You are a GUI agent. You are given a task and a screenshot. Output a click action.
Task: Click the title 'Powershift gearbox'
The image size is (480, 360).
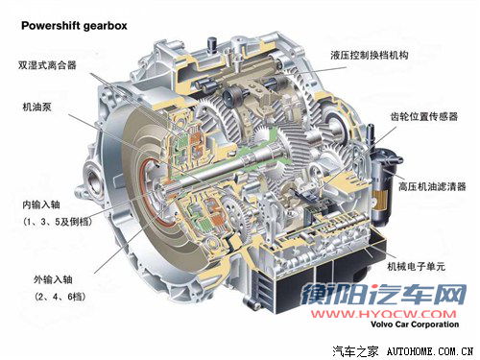tap(74, 26)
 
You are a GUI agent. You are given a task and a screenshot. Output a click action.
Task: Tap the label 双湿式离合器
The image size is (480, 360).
tap(47, 65)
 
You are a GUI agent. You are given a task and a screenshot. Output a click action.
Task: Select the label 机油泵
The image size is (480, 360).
tap(36, 107)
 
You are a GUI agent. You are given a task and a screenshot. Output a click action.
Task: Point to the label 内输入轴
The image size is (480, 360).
tap(41, 204)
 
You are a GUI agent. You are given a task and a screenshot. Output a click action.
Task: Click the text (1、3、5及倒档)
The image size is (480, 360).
tap(58, 222)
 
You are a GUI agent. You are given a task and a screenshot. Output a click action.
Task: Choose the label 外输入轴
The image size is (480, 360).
tap(53, 279)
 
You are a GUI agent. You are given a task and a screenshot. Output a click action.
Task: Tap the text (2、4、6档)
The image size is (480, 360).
tap(60, 297)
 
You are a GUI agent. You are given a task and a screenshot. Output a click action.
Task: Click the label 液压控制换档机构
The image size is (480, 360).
tap(370, 55)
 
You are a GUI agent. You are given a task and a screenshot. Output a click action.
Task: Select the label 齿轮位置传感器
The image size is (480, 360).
tap(424, 116)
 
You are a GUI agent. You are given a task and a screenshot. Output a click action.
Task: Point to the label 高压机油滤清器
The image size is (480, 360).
tap(432, 186)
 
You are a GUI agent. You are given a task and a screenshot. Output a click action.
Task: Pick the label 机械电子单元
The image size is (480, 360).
tap(416, 266)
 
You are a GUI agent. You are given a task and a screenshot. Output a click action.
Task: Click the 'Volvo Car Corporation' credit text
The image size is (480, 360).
tap(415, 324)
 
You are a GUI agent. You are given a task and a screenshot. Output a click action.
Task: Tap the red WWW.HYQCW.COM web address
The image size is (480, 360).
tap(384, 314)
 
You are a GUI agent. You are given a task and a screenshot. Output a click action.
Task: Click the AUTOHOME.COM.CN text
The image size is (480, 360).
tap(430, 351)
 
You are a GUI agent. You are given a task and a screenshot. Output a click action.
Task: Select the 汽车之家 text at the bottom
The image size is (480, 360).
tap(355, 351)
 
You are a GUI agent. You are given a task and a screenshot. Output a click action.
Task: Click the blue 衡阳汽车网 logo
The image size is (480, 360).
tap(383, 294)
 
